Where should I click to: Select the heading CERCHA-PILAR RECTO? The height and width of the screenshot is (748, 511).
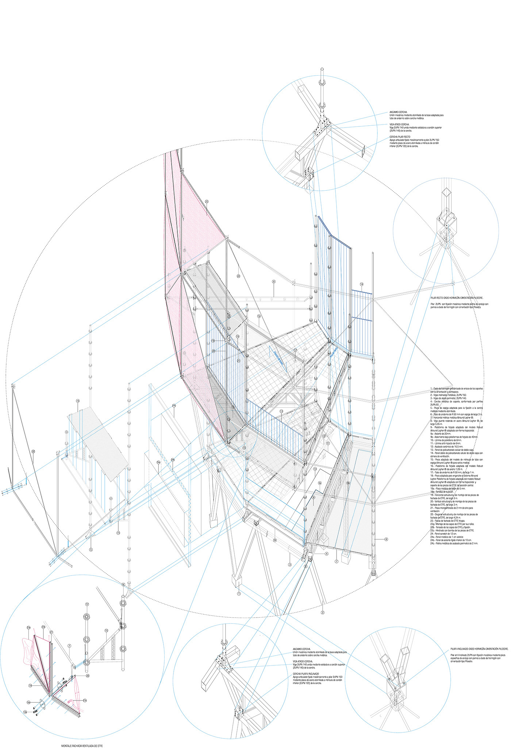point(400,137)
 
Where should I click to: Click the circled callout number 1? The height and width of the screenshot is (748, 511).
point(239,593)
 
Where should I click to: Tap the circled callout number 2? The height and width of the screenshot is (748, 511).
point(323,612)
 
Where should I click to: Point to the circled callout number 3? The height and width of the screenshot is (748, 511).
point(290,564)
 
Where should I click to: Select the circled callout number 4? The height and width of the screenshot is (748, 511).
point(326,554)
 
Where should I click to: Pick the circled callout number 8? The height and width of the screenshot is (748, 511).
point(274,282)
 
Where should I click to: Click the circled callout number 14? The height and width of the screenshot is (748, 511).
point(361,284)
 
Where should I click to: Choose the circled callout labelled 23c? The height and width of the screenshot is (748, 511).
point(85,700)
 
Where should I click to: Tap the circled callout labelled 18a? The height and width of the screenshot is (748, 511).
point(28,702)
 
